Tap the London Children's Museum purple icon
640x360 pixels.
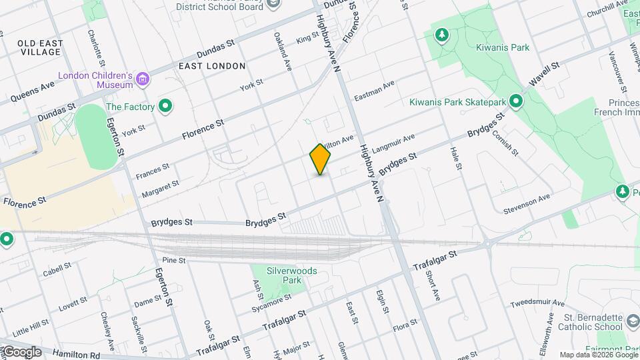[142, 81]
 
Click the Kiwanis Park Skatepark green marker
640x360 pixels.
[515, 102]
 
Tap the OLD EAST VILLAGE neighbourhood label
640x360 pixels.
[41, 47]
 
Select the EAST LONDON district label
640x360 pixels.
[212, 66]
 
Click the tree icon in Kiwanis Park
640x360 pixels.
[441, 34]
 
